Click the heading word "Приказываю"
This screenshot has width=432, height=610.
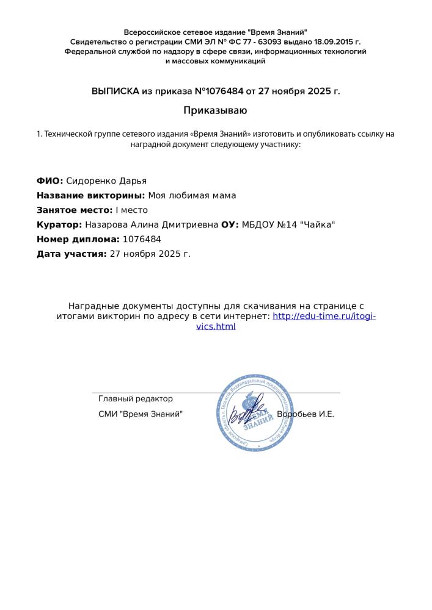click(x=216, y=110)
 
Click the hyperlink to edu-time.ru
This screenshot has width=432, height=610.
click(x=324, y=316)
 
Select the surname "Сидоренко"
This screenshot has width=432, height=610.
click(x=88, y=181)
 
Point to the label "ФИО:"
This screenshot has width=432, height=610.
click(x=49, y=181)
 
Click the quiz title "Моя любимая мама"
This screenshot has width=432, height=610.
click(x=192, y=195)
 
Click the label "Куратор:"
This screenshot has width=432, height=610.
click(x=59, y=224)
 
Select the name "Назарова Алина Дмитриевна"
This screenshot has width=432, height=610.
click(x=152, y=224)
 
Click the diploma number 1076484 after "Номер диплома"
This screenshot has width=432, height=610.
click(x=142, y=239)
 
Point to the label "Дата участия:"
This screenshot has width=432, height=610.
click(x=71, y=254)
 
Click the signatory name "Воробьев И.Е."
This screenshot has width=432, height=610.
click(x=306, y=414)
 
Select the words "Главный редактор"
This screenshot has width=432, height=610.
click(x=136, y=399)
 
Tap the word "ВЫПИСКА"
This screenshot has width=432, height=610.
click(x=115, y=91)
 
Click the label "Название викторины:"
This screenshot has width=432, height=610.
click(x=91, y=195)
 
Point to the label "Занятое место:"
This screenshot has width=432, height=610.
click(x=75, y=210)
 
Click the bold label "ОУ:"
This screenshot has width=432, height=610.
click(x=230, y=224)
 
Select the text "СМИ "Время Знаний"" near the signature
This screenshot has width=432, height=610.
click(x=140, y=414)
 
